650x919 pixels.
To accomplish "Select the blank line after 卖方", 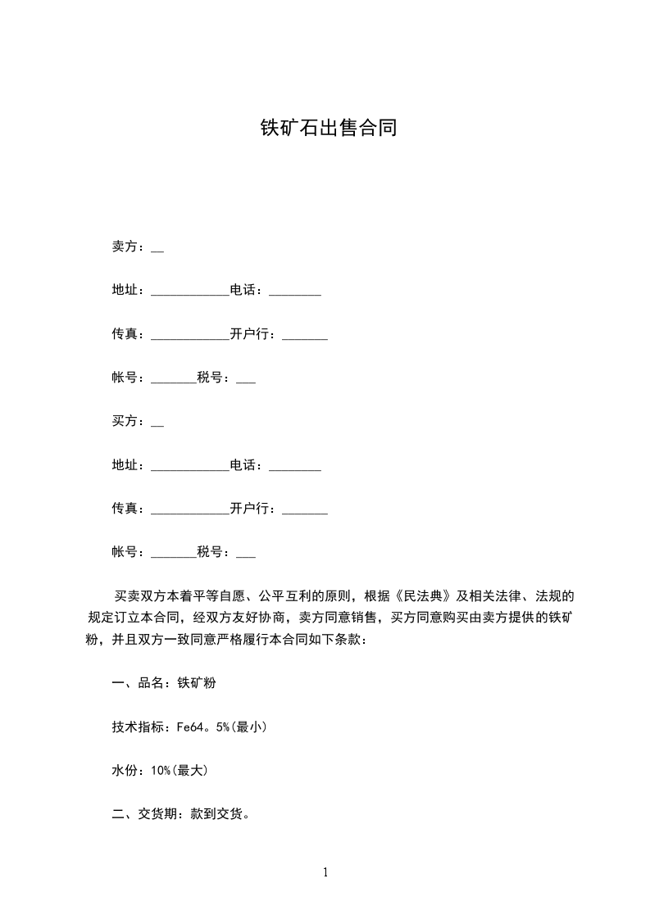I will click(x=157, y=250).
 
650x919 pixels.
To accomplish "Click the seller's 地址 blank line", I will click(x=190, y=293).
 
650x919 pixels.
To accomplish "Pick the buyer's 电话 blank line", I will click(x=294, y=469).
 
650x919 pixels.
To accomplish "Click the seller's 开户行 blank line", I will click(x=304, y=337).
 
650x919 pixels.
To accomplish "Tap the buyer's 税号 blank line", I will click(x=245, y=556).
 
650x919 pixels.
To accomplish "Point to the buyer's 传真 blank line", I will click(x=190, y=513).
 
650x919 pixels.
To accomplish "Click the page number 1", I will click(x=325, y=872).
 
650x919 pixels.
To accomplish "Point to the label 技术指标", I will click(x=140, y=727).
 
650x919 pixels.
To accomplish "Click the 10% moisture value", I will click(x=161, y=771).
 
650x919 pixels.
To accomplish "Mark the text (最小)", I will click(x=250, y=727).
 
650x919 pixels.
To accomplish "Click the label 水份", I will click(x=124, y=771).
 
